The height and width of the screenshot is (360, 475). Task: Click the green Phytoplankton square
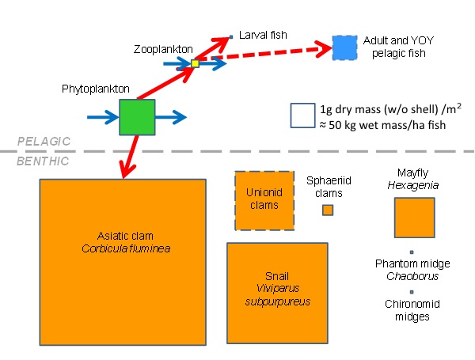point(137,117)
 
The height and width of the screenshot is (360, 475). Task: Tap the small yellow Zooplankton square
point(195,64)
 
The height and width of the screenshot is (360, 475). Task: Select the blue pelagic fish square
point(345,48)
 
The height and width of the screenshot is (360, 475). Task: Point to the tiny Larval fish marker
point(230,36)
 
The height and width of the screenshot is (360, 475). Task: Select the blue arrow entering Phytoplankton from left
point(99,118)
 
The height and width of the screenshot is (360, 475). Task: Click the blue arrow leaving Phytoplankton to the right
point(170,118)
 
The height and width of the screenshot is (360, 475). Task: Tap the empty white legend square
point(303,116)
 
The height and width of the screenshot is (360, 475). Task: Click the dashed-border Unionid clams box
point(264,200)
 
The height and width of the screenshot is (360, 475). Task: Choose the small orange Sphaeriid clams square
point(328,210)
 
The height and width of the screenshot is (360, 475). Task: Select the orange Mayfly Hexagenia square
point(414,218)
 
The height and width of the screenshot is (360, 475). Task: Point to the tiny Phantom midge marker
point(412,252)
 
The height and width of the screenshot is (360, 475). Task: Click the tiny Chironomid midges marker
point(412,292)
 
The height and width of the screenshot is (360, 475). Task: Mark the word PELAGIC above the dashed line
point(44,141)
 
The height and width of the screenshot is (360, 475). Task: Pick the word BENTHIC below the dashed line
point(44,161)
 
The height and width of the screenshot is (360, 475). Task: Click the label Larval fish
point(261,36)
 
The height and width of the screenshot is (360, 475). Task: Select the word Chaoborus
point(412,276)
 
